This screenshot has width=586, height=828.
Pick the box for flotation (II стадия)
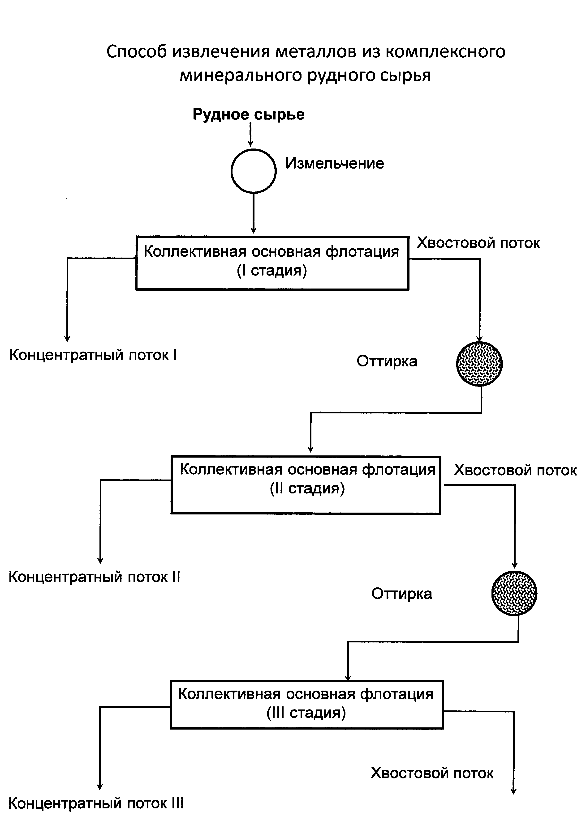[306, 485]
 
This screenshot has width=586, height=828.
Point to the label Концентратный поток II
[94, 577]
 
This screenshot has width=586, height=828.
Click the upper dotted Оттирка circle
[480, 364]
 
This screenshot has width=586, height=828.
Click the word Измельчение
[335, 163]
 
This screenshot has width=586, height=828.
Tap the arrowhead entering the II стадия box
[311, 450]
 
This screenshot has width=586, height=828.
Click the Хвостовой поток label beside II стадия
[515, 470]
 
